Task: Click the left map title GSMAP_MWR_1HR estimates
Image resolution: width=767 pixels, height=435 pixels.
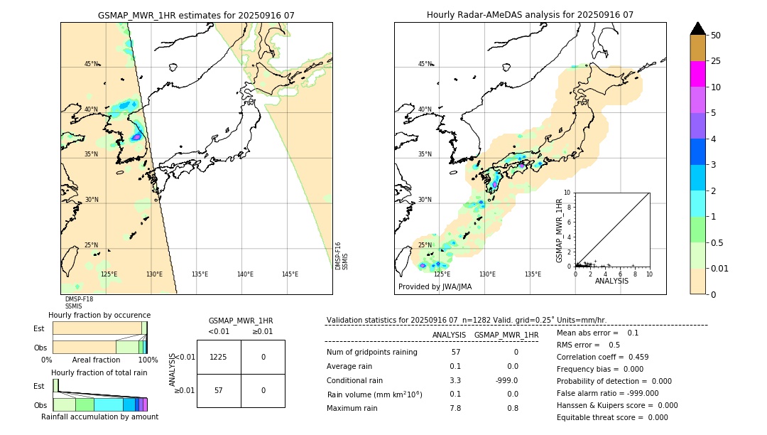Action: tap(196, 15)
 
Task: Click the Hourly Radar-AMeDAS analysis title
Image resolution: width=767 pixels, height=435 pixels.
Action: tap(530, 15)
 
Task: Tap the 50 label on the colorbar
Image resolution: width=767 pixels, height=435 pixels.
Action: tap(716, 36)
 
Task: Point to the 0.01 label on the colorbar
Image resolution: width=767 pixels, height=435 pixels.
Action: tap(720, 268)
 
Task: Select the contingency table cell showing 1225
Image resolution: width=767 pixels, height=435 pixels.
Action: tap(218, 357)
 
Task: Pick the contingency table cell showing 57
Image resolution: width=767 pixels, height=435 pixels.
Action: tap(218, 391)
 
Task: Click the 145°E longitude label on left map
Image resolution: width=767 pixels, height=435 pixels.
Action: tap(290, 274)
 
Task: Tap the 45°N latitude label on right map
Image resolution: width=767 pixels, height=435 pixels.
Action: tap(425, 64)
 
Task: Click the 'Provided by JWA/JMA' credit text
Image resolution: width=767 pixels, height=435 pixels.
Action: tap(435, 287)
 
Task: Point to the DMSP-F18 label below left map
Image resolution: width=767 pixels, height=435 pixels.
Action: tap(79, 299)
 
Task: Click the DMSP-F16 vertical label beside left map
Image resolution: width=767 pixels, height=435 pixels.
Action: tap(338, 256)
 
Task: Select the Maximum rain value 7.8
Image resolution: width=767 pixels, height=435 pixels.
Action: tap(455, 408)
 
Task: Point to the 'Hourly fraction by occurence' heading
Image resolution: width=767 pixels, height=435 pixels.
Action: tap(99, 315)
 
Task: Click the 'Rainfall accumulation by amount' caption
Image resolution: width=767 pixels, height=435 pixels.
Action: tap(99, 417)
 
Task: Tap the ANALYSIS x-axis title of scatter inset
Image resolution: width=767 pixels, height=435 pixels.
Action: tap(611, 281)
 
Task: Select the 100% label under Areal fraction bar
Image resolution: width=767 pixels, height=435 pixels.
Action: tap(148, 360)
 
